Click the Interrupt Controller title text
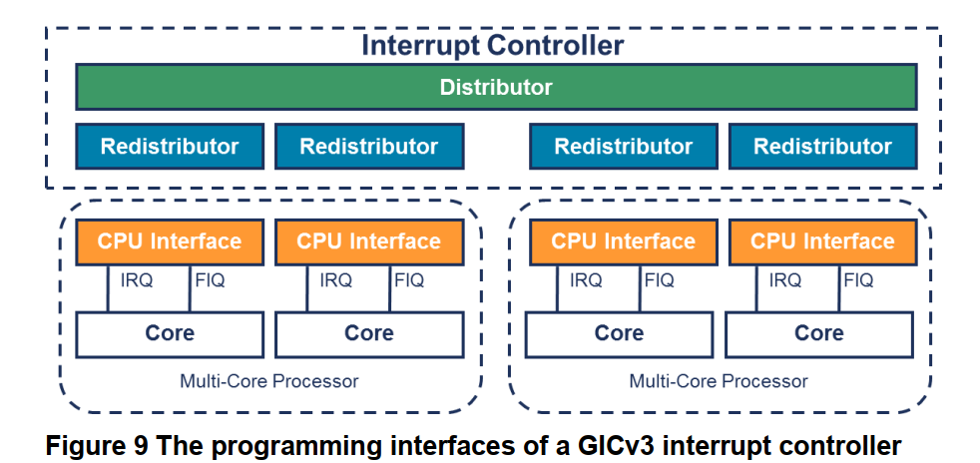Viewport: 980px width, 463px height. (x=492, y=46)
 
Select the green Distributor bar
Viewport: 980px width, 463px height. (x=496, y=87)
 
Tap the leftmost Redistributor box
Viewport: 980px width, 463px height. (x=170, y=147)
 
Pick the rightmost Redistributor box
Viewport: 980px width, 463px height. (x=822, y=147)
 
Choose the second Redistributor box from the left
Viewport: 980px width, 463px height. (x=368, y=147)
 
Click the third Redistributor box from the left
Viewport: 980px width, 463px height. (x=623, y=147)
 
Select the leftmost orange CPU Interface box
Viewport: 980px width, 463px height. (x=170, y=241)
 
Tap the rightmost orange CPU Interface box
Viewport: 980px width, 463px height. (x=822, y=241)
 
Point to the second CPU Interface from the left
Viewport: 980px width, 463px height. (x=368, y=241)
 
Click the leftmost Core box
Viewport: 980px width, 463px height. (x=170, y=333)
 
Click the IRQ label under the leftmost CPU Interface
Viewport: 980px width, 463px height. (x=137, y=281)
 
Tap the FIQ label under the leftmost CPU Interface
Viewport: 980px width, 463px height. (x=210, y=281)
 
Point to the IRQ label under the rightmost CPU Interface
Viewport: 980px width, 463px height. (x=785, y=281)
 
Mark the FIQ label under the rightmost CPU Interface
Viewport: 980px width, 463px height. (x=859, y=281)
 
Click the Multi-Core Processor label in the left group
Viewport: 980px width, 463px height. (x=269, y=381)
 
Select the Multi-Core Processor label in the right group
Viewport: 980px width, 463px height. (x=719, y=381)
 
